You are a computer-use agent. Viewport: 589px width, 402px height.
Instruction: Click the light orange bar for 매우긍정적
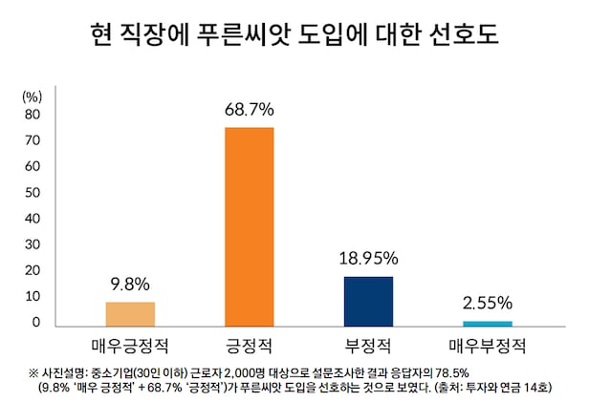(x=129, y=314)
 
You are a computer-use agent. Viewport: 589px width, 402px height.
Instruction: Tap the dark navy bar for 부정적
(x=368, y=301)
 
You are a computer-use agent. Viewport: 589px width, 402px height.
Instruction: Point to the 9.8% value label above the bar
(x=129, y=284)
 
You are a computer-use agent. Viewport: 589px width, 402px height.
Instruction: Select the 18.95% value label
(x=368, y=259)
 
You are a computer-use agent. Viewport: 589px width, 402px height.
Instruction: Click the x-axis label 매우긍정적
(x=129, y=343)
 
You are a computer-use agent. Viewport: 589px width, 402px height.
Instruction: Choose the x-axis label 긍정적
(x=249, y=343)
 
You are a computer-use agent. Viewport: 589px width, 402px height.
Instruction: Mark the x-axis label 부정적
(x=368, y=343)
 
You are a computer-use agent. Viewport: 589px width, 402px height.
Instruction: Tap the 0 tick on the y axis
(x=35, y=322)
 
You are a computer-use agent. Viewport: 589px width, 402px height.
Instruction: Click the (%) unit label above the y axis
(x=32, y=96)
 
